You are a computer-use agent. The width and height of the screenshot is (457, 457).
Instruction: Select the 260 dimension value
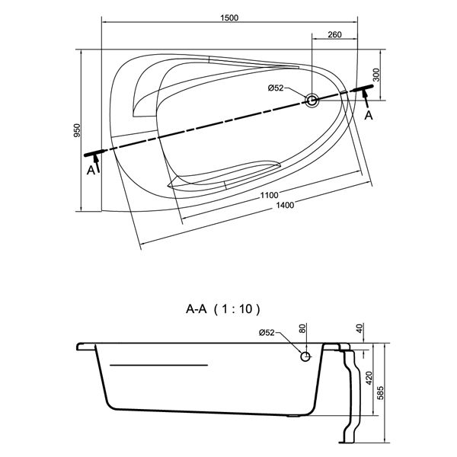point(333,35)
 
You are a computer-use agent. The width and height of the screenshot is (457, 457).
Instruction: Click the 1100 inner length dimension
point(267,195)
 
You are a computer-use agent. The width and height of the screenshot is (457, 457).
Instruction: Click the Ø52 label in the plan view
point(276,88)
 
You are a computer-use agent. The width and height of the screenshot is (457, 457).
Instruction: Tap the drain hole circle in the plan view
point(312,100)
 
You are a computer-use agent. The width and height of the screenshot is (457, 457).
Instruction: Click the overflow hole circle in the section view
point(305,356)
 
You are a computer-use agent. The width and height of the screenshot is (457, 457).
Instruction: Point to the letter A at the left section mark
point(91,171)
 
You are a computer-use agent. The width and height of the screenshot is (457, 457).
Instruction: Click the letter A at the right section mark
point(369,115)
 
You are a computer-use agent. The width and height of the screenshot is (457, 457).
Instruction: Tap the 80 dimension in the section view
point(302,330)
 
